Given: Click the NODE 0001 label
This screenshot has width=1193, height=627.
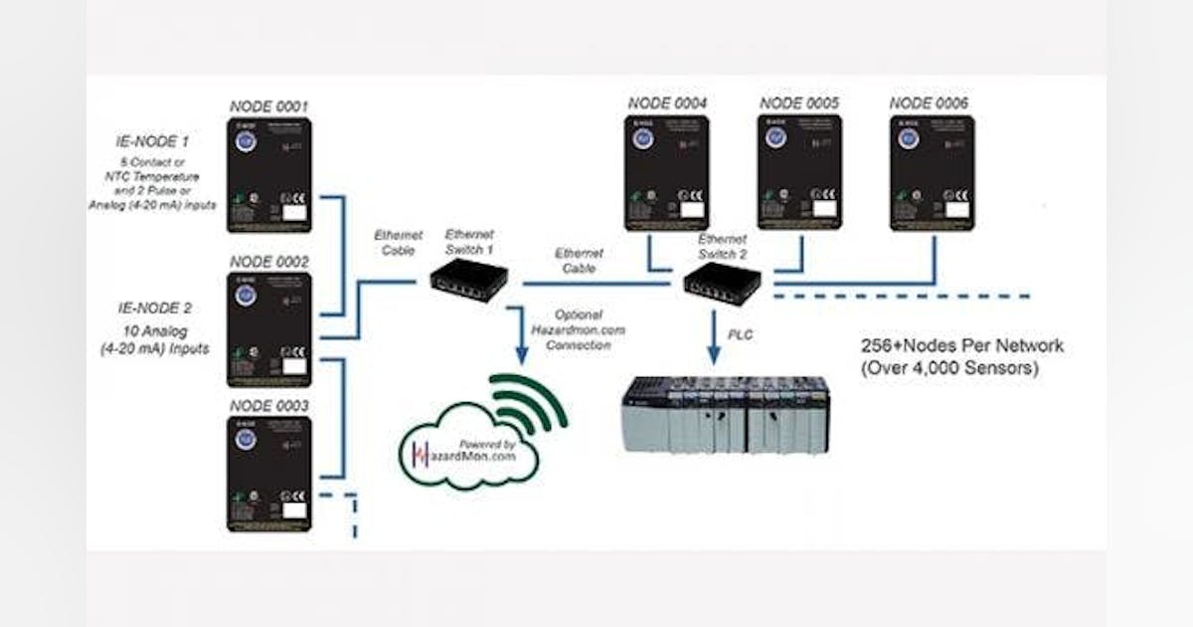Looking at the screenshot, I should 269,105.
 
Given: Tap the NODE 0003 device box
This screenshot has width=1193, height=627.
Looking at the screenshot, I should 269,474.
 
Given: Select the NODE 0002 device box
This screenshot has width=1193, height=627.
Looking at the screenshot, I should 269,329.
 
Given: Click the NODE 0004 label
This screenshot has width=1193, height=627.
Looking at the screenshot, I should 667,103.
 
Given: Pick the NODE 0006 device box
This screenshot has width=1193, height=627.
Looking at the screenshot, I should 931,173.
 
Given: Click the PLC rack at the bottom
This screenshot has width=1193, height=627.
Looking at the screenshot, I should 725,415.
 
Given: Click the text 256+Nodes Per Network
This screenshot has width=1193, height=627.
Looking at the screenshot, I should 961,346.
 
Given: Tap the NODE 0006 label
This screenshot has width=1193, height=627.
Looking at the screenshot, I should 928,103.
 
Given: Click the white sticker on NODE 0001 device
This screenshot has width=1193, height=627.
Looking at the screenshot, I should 294,211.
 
